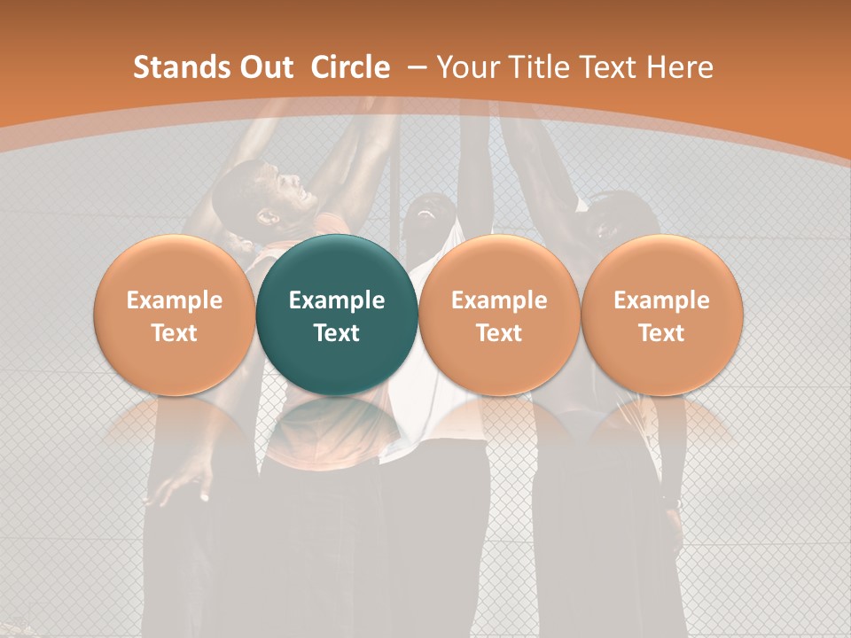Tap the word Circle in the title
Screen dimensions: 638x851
point(349,67)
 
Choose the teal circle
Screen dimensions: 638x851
point(337,315)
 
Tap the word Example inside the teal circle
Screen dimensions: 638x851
point(337,300)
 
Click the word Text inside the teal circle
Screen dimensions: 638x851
point(337,333)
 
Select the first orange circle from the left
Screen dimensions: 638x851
point(175,315)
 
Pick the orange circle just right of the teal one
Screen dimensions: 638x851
point(499,315)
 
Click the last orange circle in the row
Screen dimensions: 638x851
point(662,315)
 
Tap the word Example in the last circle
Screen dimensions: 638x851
point(662,300)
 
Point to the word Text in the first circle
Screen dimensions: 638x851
point(175,333)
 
